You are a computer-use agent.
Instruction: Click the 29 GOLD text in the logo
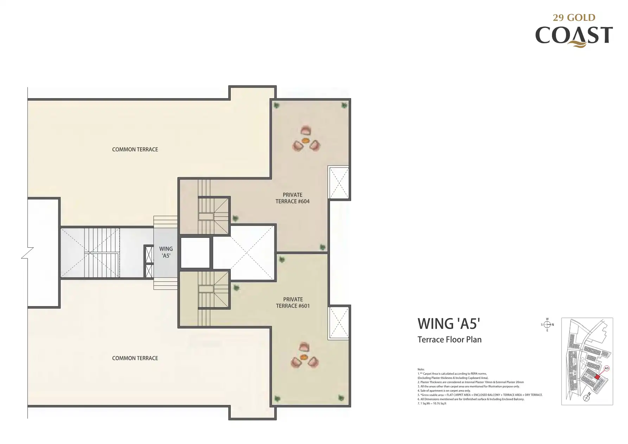(574, 18)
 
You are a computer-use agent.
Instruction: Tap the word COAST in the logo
(574, 36)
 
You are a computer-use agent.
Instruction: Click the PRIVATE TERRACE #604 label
(292, 198)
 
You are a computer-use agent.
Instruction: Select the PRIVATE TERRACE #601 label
(293, 303)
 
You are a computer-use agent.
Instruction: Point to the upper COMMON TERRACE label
(135, 150)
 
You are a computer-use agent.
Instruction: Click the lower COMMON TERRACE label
(135, 358)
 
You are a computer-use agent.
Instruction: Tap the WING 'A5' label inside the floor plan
(166, 252)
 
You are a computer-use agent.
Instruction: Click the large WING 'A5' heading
(449, 324)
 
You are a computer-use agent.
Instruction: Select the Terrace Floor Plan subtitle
(449, 340)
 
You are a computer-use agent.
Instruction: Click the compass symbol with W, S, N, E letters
(547, 325)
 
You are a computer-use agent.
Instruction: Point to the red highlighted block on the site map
(597, 377)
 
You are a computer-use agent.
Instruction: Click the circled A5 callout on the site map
(607, 368)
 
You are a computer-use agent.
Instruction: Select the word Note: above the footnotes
(421, 369)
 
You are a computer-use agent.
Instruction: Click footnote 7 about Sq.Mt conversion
(432, 404)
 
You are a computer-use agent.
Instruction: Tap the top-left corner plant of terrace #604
(277, 105)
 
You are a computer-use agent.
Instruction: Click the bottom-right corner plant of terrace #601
(341, 398)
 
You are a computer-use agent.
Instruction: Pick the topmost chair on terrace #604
(306, 130)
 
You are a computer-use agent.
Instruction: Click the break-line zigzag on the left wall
(27, 253)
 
